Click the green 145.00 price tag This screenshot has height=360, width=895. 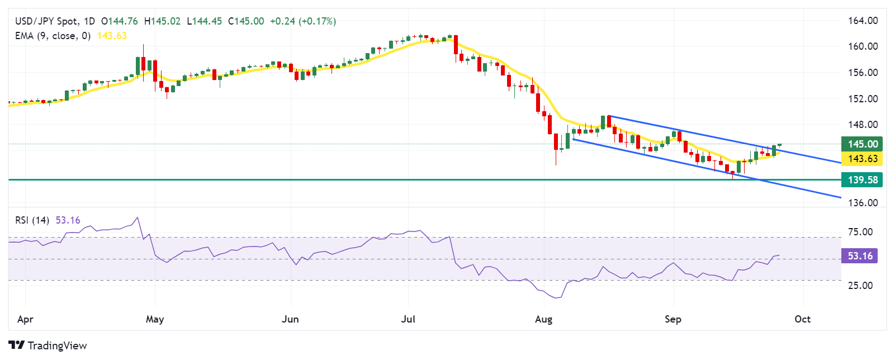tap(862, 144)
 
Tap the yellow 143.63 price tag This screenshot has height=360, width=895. tap(862, 159)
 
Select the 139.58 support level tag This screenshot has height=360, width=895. tap(862, 179)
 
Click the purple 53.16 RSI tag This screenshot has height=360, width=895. tap(860, 256)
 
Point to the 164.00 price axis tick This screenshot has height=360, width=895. tap(863, 21)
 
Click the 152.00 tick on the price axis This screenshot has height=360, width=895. tap(863, 99)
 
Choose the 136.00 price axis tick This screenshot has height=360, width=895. tap(863, 203)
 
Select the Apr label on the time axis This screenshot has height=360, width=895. tap(25, 319)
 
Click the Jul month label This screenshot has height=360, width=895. tap(408, 319)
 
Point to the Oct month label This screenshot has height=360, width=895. tap(802, 319)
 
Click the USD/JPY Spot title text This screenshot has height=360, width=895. tap(46, 21)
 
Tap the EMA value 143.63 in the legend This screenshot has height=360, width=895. tap(112, 36)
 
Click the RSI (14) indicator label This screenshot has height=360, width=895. tap(32, 220)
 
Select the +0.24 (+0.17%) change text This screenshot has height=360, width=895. tap(302, 21)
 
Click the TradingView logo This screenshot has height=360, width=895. tap(48, 345)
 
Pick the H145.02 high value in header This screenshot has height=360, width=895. tap(162, 21)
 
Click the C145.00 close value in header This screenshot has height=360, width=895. tap(246, 21)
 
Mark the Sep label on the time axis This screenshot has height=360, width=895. tap(673, 319)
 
